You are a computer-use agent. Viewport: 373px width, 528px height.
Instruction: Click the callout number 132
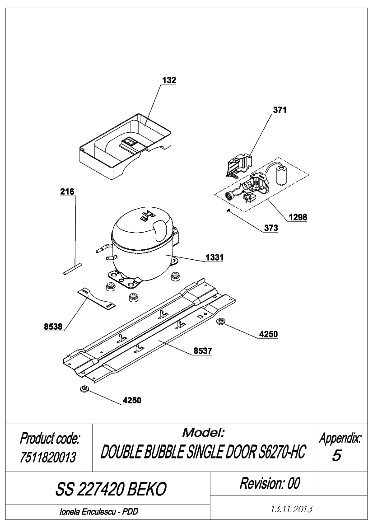169,80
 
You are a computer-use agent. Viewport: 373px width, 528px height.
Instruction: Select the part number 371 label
280,110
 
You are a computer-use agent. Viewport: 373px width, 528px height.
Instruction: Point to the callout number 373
271,228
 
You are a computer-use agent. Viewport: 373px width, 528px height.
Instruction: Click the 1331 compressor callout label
214,257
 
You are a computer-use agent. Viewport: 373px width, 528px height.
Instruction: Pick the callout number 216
67,192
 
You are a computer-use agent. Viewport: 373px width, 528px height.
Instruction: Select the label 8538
53,326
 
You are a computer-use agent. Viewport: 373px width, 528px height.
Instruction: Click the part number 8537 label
203,351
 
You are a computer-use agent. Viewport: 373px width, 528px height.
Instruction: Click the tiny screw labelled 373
228,210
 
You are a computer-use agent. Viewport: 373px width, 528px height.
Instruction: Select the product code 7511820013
48,457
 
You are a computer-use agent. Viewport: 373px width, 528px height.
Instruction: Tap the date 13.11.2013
292,509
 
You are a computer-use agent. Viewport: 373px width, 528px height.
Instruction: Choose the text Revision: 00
270,483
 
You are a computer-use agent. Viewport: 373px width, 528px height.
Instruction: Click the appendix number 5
336,456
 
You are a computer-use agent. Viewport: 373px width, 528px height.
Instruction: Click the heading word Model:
203,432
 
